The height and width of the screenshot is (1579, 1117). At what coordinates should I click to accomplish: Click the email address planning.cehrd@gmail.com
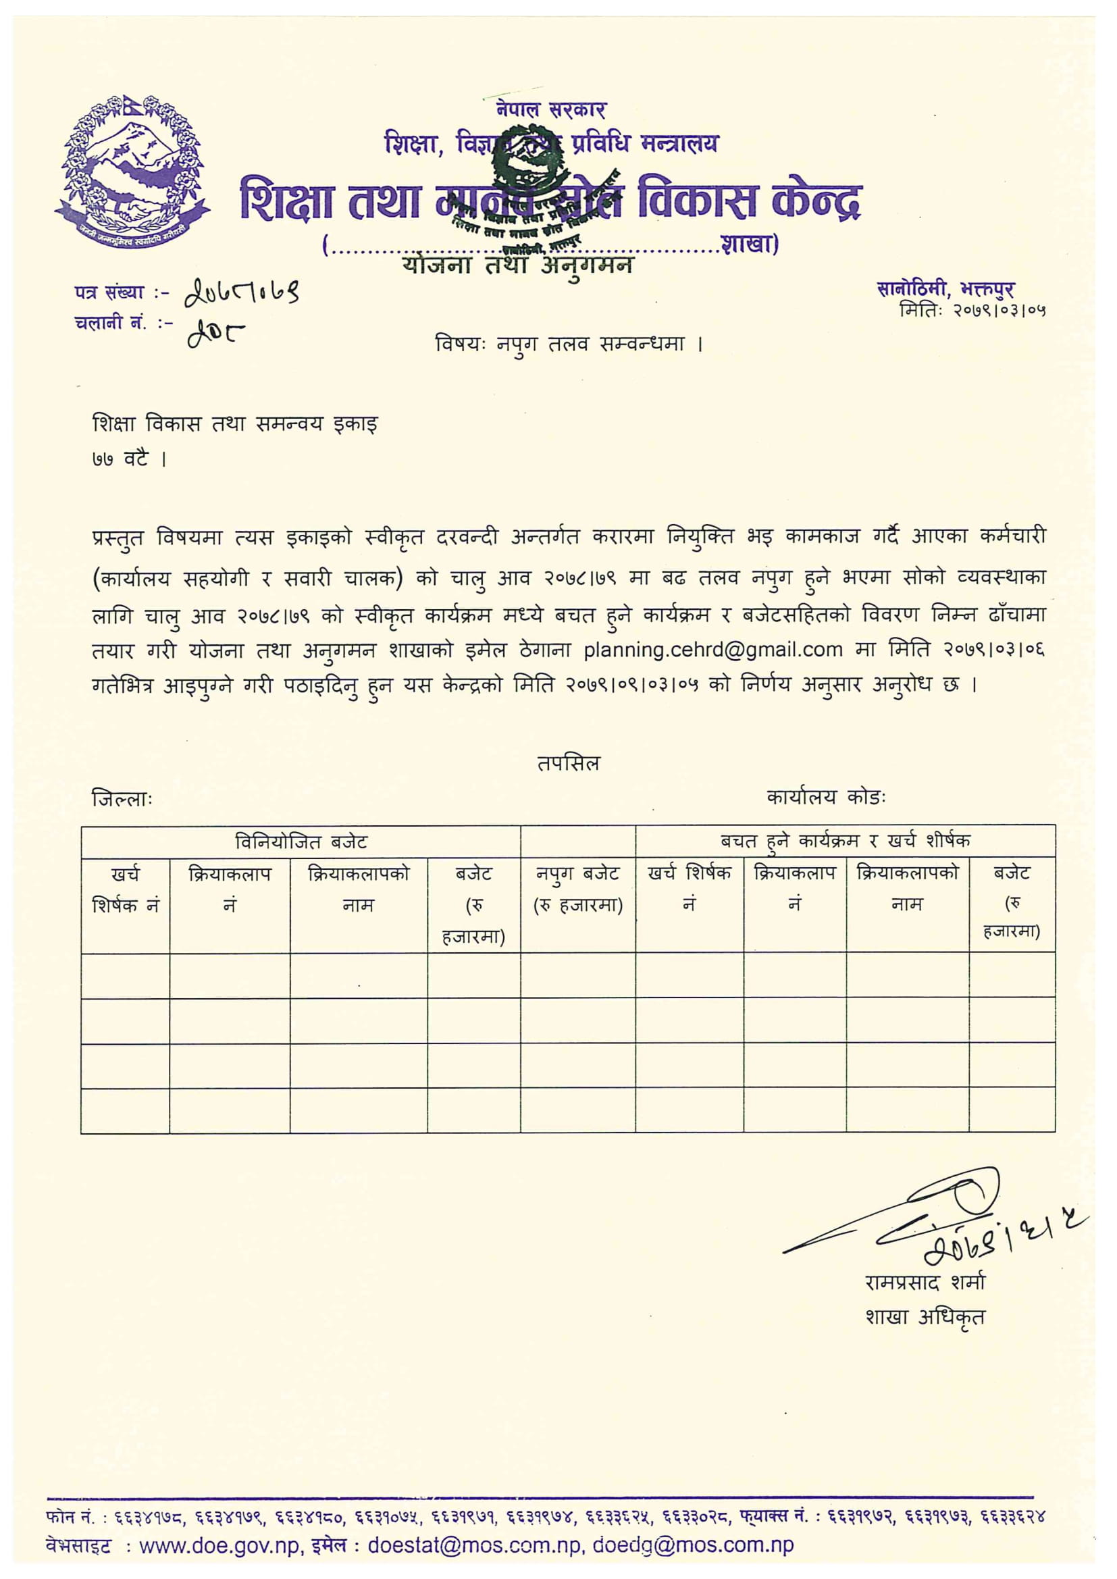(x=712, y=649)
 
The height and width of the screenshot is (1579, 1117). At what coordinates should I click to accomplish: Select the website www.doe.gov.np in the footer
(x=219, y=1545)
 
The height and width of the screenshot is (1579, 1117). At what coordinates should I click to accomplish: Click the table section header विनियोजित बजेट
(x=301, y=842)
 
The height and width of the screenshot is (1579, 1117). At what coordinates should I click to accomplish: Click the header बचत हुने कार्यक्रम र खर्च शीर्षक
(x=846, y=841)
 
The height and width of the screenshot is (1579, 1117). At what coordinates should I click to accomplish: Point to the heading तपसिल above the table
(x=569, y=763)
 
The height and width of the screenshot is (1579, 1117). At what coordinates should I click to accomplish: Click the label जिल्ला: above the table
(x=122, y=799)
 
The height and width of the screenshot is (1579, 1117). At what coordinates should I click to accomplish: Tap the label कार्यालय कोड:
(x=826, y=798)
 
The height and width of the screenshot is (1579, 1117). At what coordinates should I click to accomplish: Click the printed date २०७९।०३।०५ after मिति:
(x=999, y=311)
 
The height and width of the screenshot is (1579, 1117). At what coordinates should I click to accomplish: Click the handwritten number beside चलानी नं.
(x=215, y=335)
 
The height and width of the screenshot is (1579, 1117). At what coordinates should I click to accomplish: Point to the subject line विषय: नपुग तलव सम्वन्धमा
(x=569, y=343)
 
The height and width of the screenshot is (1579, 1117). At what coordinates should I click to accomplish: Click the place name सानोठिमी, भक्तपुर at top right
(x=945, y=290)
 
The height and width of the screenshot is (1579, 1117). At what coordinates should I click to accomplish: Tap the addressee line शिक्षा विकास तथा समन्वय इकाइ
(x=235, y=424)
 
